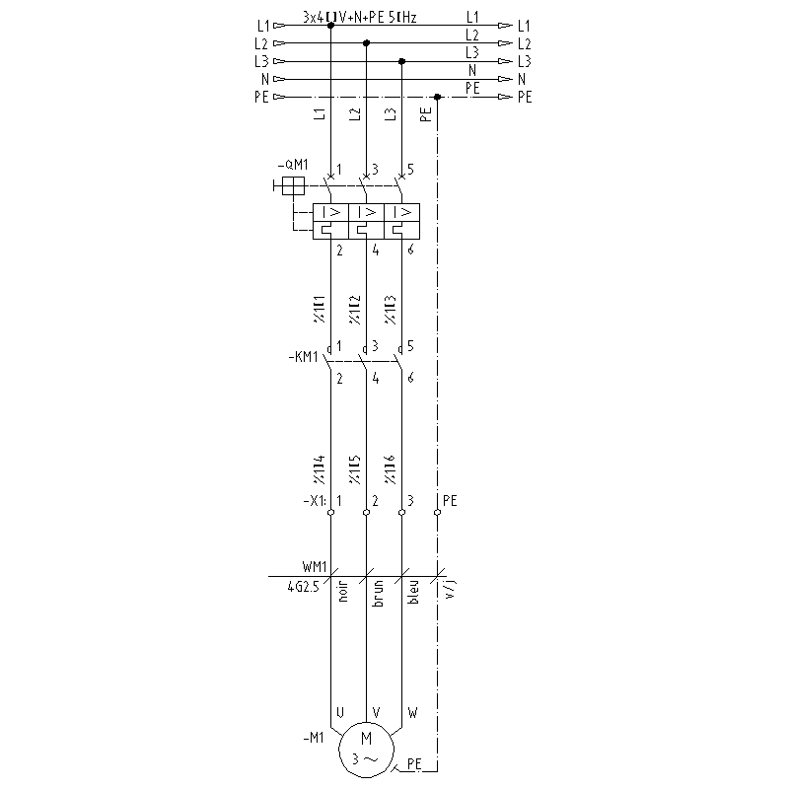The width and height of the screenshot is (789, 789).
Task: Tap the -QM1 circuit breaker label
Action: click(295, 165)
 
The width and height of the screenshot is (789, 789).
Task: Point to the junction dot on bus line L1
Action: click(330, 26)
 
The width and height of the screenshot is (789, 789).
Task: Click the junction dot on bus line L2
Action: click(367, 43)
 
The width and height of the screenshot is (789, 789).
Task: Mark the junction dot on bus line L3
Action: click(402, 61)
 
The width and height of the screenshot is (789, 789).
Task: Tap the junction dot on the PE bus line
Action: click(437, 97)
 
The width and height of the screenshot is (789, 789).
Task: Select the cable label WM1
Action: click(316, 568)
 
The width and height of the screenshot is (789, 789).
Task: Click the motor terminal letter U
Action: click(340, 711)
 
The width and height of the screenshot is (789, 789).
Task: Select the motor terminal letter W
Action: click(411, 711)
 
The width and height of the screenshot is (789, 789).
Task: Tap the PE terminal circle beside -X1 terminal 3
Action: click(437, 513)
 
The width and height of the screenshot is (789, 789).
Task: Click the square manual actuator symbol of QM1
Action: click(293, 185)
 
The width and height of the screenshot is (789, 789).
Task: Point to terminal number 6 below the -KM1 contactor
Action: click(409, 378)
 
